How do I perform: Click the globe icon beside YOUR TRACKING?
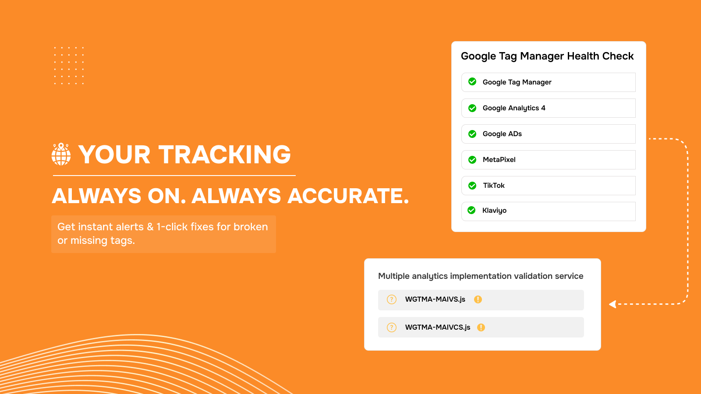click(61, 154)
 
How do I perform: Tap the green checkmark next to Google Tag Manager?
click(472, 81)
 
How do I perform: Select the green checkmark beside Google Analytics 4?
click(472, 108)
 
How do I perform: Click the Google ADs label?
click(502, 134)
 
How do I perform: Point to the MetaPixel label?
click(499, 160)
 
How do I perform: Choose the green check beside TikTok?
click(472, 186)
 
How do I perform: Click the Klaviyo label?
click(494, 211)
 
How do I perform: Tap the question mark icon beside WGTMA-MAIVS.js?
click(392, 299)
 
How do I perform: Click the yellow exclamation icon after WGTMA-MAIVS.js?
click(478, 299)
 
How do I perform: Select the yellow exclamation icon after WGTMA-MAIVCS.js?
click(481, 327)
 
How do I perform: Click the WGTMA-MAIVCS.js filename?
click(438, 327)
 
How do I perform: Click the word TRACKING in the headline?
click(225, 155)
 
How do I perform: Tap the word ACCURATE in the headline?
click(348, 196)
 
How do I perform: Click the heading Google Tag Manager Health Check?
click(547, 56)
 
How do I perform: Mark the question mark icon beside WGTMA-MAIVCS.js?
click(392, 327)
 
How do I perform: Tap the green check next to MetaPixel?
click(472, 160)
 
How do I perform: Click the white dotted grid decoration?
click(69, 66)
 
